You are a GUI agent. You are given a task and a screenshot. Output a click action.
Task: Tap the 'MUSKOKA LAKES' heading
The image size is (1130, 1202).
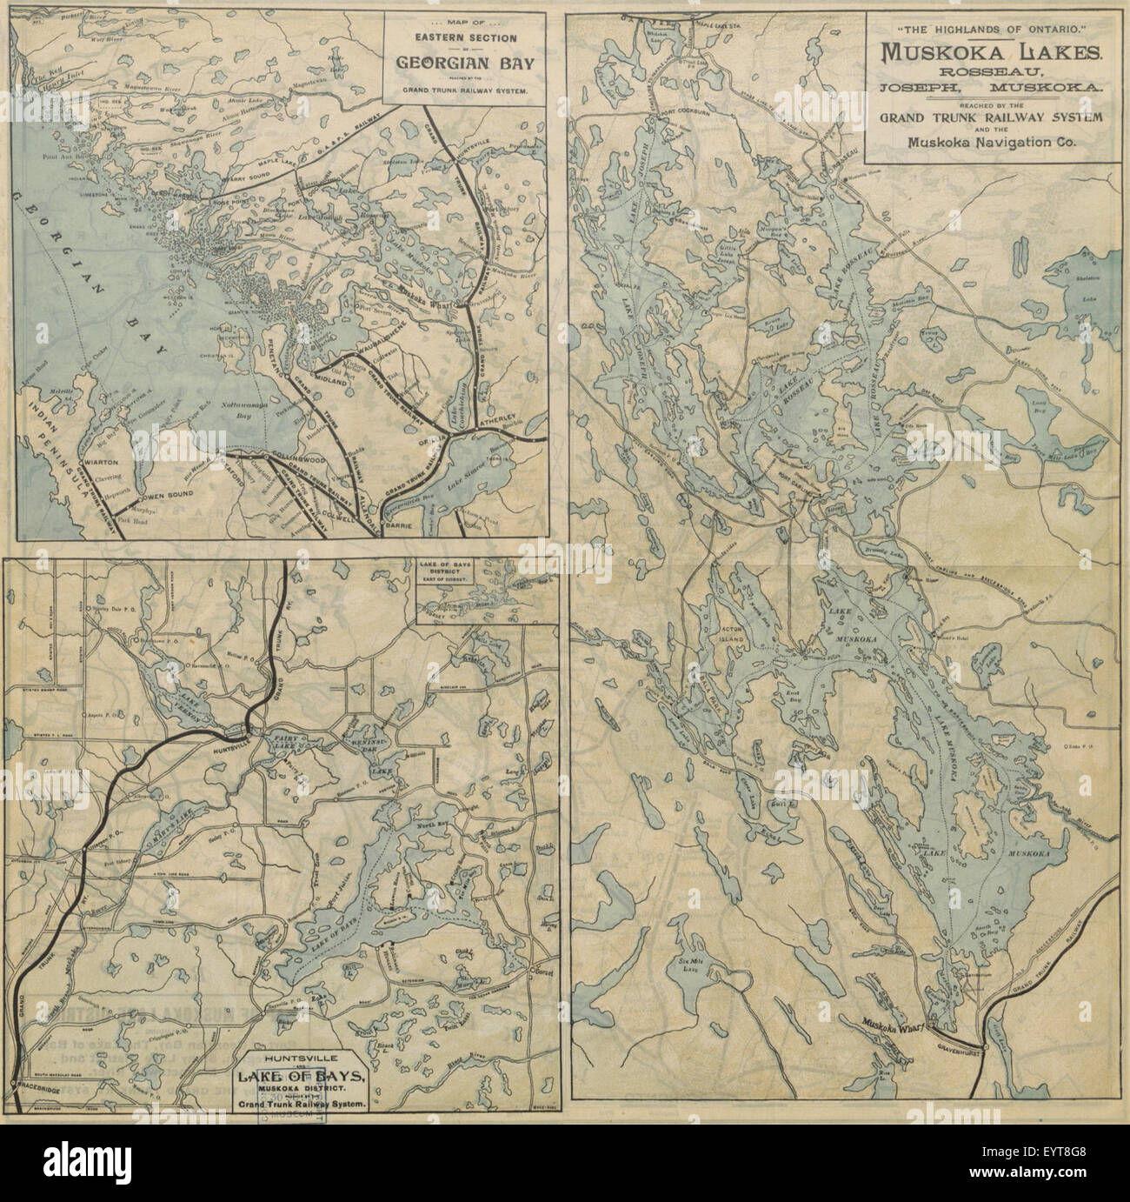coord(994,50)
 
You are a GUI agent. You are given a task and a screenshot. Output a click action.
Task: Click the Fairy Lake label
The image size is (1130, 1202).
coord(284,745)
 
